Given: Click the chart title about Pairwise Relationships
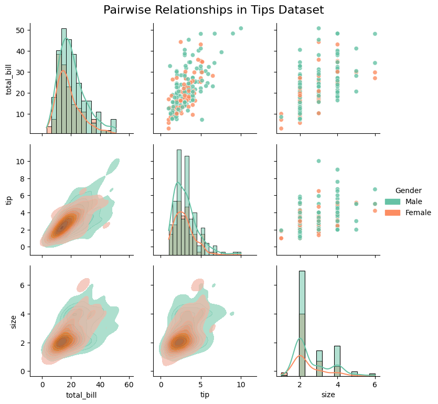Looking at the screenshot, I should (213, 10).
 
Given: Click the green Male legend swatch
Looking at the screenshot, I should (392, 201).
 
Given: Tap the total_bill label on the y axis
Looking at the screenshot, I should (9, 79).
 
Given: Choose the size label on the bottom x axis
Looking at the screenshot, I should (328, 394).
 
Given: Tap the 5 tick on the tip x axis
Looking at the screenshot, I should (201, 385).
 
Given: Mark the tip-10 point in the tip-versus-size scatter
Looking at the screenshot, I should (318, 161).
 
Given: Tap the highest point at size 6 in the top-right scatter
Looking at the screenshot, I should (375, 34).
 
